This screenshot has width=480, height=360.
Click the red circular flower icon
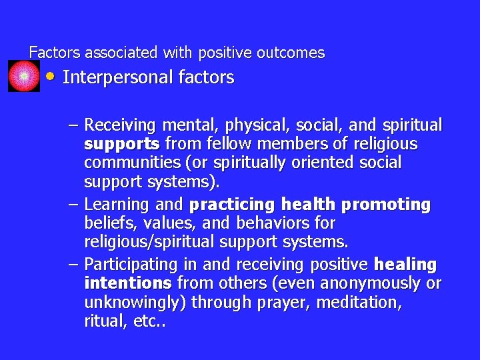click(x=24, y=76)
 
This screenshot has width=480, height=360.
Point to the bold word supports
click(x=122, y=144)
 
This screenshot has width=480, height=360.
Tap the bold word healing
click(x=405, y=265)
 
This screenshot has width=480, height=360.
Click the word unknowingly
click(x=135, y=302)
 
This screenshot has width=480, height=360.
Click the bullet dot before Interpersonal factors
click(x=51, y=76)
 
